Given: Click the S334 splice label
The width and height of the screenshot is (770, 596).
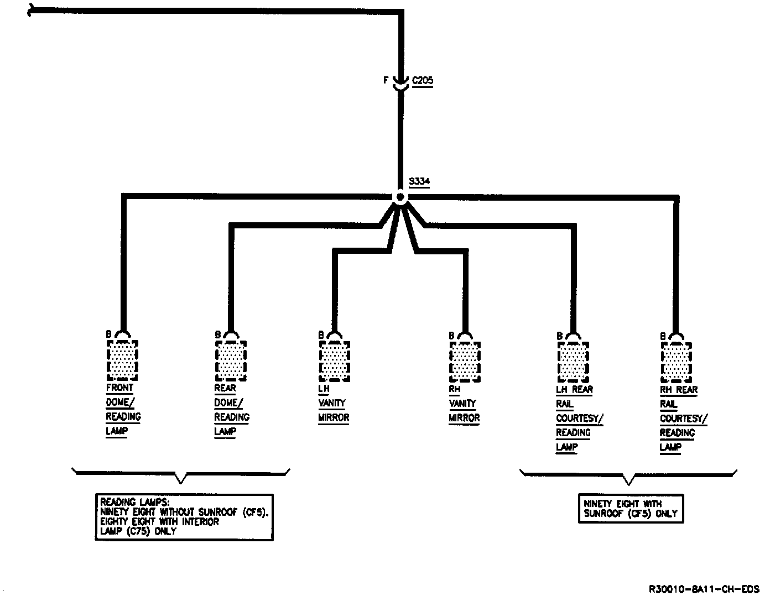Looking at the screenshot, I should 419,181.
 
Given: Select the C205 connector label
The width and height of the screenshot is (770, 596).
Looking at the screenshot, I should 423,81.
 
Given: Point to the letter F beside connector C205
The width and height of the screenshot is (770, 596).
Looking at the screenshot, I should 386,81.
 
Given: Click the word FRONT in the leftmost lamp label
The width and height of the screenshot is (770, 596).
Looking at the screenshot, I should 119,388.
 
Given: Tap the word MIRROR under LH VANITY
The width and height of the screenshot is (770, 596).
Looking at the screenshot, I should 334,418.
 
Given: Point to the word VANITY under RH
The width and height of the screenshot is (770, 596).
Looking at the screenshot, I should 462,404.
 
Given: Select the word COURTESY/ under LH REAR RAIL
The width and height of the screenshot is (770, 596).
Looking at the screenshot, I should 579,419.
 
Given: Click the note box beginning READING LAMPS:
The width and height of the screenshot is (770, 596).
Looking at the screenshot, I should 184,517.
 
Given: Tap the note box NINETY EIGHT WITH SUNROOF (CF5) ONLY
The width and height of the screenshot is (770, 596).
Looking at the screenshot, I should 631,509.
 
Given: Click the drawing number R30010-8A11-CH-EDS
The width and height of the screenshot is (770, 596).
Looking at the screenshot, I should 704,589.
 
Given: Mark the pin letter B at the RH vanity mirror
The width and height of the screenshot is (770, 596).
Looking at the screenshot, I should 452,336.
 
